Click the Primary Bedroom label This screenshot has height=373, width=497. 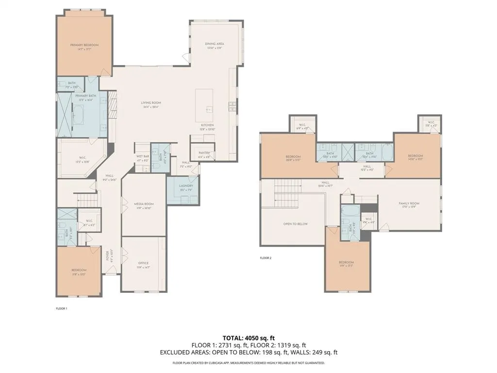pyautogui.click(x=84, y=45)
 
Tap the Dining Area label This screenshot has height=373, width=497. pyautogui.click(x=214, y=44)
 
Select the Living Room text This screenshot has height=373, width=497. pyautogui.click(x=151, y=103)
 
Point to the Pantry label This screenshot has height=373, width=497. pyautogui.click(x=204, y=153)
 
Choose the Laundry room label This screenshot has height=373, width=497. pyautogui.click(x=186, y=186)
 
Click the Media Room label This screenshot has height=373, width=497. pyautogui.click(x=144, y=204)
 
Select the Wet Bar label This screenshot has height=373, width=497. pyautogui.click(x=142, y=155)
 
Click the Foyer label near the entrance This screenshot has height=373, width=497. pyautogui.click(x=108, y=254)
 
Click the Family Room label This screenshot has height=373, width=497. pyautogui.click(x=409, y=203)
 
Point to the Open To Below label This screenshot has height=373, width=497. pyautogui.click(x=296, y=224)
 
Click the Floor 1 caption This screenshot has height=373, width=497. pyautogui.click(x=61, y=308)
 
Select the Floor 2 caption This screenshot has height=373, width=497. pyautogui.click(x=265, y=258)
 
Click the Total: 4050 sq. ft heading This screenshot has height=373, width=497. pyautogui.click(x=248, y=338)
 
